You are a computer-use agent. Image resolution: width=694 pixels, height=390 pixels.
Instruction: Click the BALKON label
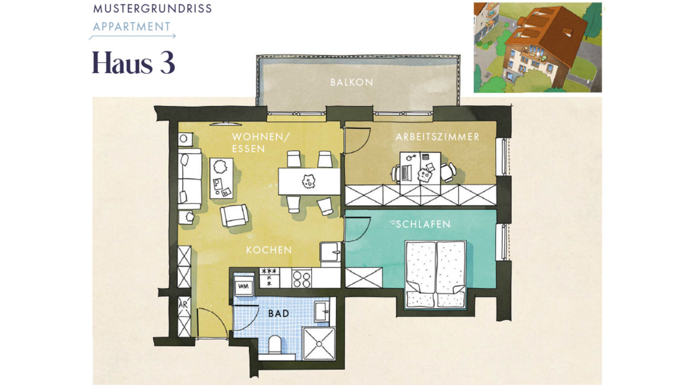pyautogui.click(x=351, y=82)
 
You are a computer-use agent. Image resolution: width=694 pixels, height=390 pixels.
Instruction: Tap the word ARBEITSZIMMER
pyautogui.click(x=438, y=137)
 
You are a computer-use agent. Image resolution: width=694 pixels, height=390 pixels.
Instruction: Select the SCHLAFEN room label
pyautogui.click(x=423, y=224)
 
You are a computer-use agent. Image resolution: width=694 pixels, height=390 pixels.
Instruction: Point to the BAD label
pyautogui.click(x=279, y=314)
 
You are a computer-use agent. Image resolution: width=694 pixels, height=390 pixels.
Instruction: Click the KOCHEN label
pyautogui.click(x=269, y=250)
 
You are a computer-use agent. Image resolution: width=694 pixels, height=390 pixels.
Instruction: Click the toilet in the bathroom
pyautogui.click(x=274, y=345)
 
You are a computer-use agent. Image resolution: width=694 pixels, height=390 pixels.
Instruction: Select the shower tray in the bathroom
pyautogui.click(x=319, y=343)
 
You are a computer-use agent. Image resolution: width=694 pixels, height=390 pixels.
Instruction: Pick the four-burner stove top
pyautogui.click(x=301, y=278)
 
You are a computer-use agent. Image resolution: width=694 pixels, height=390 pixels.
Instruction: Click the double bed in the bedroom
pyautogui.click(x=435, y=275)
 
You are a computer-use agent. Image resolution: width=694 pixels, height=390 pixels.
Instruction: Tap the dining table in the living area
pyautogui.click(x=309, y=181)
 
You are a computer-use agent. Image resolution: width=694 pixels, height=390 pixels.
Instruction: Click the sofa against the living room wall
pyautogui.click(x=190, y=179)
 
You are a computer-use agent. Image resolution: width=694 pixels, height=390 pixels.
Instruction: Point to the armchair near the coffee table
pyautogui.click(x=234, y=215)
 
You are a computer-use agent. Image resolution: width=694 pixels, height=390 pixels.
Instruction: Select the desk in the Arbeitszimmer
pyautogui.click(x=420, y=168)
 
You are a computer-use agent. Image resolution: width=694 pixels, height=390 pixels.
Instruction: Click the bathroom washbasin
pyautogui.click(x=323, y=311)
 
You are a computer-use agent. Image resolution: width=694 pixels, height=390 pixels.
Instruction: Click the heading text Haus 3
pyautogui.click(x=133, y=63)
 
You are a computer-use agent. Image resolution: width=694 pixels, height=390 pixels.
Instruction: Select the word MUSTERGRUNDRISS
pyautogui.click(x=152, y=9)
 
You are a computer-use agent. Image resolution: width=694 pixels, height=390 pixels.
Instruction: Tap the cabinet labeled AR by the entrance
pyautogui.click(x=184, y=317)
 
